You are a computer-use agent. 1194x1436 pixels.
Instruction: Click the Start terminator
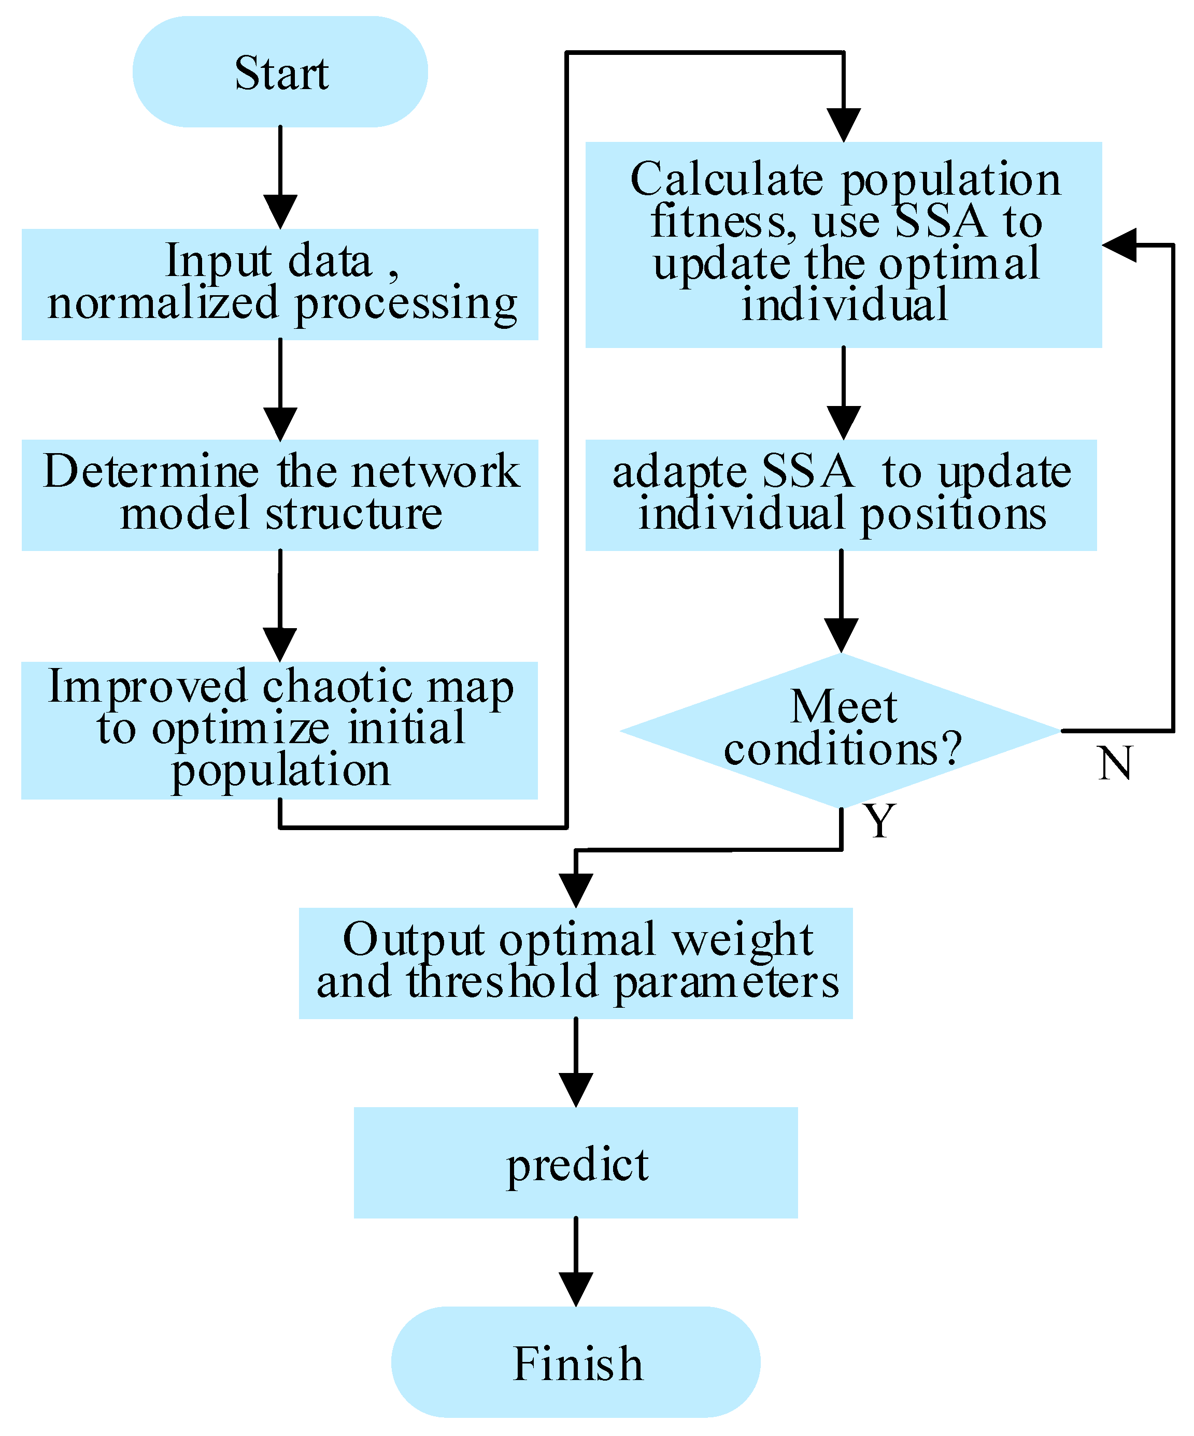point(280,72)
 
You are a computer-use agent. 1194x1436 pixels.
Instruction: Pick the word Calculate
point(727,179)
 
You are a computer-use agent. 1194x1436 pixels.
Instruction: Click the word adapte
point(679,472)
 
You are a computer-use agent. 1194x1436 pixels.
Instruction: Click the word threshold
point(503,982)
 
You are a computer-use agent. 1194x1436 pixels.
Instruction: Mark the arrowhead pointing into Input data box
point(280,211)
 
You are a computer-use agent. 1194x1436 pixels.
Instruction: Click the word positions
point(953,514)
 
